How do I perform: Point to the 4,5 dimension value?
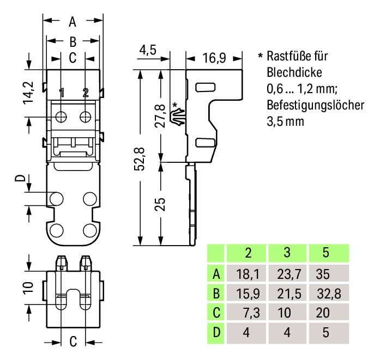(x=148, y=50)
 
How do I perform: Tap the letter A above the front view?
(x=73, y=22)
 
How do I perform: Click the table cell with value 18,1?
(x=247, y=273)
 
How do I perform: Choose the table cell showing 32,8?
(x=328, y=294)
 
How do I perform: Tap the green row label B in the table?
(x=216, y=294)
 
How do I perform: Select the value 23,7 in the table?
(x=287, y=273)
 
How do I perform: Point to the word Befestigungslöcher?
(x=315, y=105)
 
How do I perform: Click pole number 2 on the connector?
(x=86, y=93)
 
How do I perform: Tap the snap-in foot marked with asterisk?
(x=178, y=117)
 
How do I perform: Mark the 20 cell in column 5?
(x=328, y=313)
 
